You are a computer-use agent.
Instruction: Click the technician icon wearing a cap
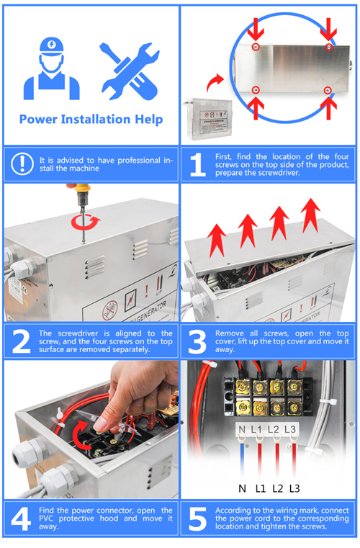52,69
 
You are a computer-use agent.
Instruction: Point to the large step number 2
21,341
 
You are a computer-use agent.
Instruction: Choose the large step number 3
197,341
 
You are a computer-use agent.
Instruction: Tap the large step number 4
21,518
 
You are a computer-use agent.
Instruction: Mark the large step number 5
197,518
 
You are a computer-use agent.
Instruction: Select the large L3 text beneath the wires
294,488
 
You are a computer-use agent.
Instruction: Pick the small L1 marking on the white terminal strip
257,431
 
